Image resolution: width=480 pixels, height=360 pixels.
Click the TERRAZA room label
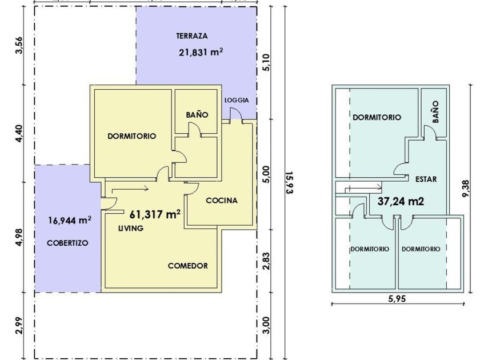tap(192, 36)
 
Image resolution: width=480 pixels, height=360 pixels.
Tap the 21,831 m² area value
tap(201, 52)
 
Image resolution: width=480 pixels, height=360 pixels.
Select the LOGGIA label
tap(237, 100)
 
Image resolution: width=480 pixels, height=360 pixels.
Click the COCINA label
tap(222, 201)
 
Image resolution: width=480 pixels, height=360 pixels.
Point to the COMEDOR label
tap(188, 266)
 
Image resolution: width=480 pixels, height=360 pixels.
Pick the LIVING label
tap(131, 228)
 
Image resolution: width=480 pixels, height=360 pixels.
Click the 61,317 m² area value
tap(155, 214)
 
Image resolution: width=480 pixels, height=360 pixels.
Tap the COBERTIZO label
tap(67, 243)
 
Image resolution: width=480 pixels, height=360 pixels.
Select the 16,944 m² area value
tap(70, 220)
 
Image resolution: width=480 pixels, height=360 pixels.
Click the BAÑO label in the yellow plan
tap(197, 115)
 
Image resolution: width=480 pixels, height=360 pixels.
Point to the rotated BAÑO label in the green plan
tap(435, 112)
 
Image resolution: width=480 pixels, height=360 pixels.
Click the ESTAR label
tap(426, 179)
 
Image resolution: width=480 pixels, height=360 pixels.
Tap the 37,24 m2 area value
tap(401, 201)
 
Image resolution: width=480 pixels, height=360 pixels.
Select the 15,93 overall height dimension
tap(290, 182)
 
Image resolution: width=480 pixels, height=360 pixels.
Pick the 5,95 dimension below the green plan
tap(397, 298)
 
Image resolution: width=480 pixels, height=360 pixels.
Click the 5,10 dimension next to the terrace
tap(266, 62)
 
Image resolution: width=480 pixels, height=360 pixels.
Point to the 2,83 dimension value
tap(266, 261)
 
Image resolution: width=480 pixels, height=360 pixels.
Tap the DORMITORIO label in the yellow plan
tap(132, 136)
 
